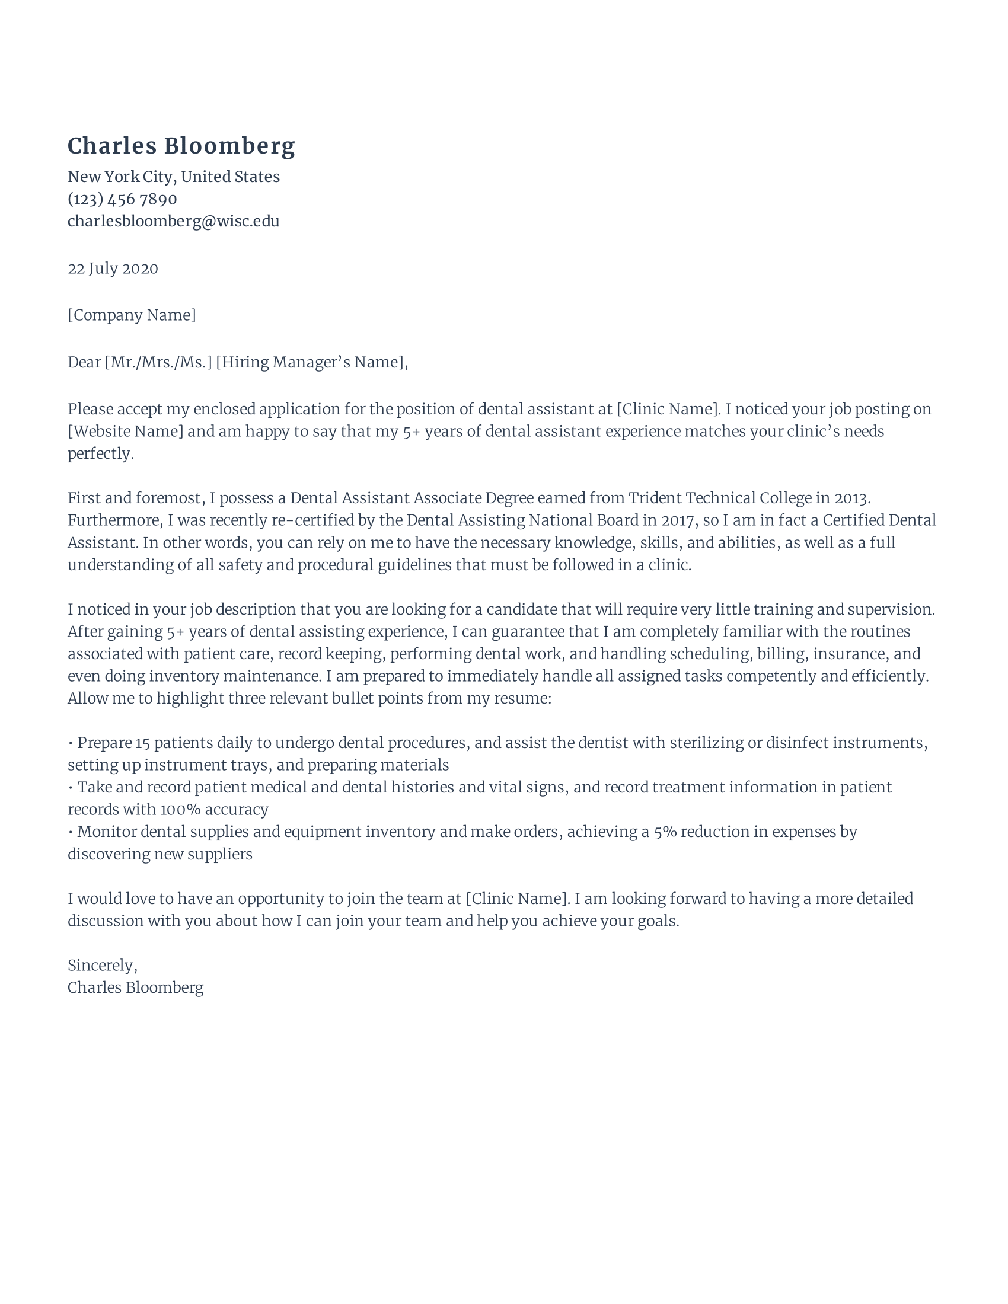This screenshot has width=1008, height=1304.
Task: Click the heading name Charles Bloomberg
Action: click(x=181, y=146)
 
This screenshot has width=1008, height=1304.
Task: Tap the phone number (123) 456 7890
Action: click(x=122, y=199)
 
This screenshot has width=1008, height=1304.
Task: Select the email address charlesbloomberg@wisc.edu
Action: click(x=173, y=222)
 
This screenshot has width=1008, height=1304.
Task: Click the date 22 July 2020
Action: click(x=113, y=269)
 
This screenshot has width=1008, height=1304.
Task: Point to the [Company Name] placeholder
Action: click(x=132, y=315)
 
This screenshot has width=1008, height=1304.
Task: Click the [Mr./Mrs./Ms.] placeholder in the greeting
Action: click(x=158, y=362)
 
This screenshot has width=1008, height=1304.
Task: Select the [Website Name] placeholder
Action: click(x=125, y=431)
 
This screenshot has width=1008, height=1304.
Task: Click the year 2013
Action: click(x=851, y=498)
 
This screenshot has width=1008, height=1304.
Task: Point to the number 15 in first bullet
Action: click(x=142, y=743)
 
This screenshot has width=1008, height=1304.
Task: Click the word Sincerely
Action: click(x=101, y=966)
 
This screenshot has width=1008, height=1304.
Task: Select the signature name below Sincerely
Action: click(x=136, y=987)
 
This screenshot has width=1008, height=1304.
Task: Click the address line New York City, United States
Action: click(x=173, y=177)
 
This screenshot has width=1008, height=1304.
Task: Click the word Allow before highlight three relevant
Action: click(x=87, y=698)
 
